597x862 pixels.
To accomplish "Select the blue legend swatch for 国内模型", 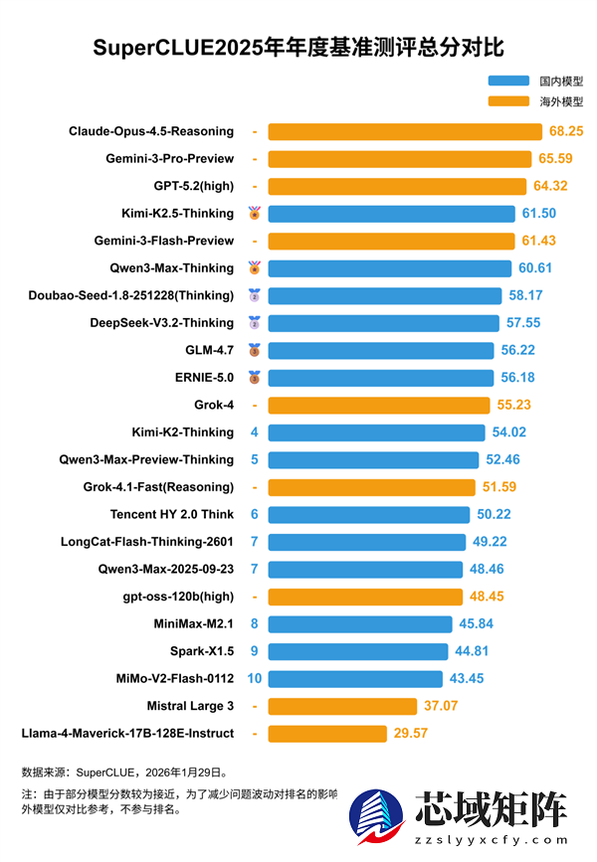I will [508, 81].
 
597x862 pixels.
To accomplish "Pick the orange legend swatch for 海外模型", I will [508, 101].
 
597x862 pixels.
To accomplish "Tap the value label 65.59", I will [557, 158].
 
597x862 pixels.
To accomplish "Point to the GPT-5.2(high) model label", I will [194, 186].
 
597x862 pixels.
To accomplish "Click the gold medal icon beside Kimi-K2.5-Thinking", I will [255, 213].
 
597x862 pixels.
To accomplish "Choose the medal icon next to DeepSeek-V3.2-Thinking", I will [255, 322].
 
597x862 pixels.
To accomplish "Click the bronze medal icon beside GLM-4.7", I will [255, 350].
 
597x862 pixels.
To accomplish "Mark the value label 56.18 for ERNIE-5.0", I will [517, 378].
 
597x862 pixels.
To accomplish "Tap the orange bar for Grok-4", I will [379, 405].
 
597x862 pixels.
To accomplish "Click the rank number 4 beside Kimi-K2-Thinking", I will [255, 432].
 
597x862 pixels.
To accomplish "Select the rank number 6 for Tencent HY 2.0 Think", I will [255, 514].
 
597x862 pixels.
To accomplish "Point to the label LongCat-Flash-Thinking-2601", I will [147, 542].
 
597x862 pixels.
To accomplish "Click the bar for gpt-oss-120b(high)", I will [365, 597].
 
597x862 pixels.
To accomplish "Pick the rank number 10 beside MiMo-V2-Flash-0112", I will [255, 678].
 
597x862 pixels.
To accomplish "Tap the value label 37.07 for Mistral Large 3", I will [441, 706].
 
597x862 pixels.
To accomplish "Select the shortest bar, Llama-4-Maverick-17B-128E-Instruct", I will [327, 734].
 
